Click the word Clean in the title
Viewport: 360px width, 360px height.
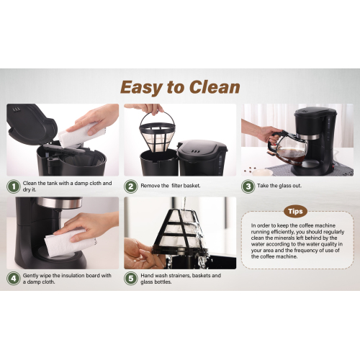tap(215, 87)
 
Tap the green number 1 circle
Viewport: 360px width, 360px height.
tap(14, 186)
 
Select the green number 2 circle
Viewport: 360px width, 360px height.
tap(131, 186)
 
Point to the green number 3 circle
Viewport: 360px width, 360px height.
tap(248, 186)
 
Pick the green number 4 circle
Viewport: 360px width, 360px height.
tap(14, 279)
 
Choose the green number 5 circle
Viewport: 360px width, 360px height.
tap(131, 279)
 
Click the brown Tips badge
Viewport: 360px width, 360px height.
tap(295, 212)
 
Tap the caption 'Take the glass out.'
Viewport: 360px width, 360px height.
tap(279, 186)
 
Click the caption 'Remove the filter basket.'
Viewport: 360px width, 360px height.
tap(171, 186)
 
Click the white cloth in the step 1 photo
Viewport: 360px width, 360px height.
tap(81, 135)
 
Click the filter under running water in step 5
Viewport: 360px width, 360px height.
tap(180, 232)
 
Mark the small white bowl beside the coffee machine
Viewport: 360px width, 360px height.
tap(262, 172)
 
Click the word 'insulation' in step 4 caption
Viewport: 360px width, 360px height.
tap(73, 276)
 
